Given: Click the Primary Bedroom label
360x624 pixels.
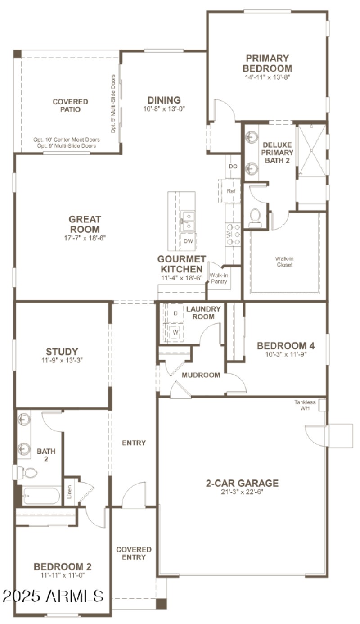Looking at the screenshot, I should click(x=267, y=63).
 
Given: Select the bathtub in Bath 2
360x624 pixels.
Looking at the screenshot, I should click(x=40, y=496).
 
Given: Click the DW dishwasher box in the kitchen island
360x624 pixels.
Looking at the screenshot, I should click(x=188, y=241).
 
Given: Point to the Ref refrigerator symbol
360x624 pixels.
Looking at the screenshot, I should click(x=231, y=191).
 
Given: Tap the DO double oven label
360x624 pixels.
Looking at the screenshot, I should click(x=233, y=167).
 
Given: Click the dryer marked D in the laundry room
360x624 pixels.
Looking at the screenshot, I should click(x=175, y=313).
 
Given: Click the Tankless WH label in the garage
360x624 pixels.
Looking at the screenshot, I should click(x=305, y=405).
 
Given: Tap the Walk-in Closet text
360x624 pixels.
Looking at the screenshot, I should click(x=284, y=262).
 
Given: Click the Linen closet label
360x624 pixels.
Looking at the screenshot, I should click(x=69, y=494).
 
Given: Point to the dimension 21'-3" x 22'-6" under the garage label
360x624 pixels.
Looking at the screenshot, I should click(x=242, y=492).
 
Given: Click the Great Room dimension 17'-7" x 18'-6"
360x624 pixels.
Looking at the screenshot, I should click(x=85, y=238).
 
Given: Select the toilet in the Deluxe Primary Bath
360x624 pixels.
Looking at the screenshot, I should click(x=255, y=216).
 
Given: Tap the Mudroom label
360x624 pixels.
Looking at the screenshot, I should click(x=201, y=375).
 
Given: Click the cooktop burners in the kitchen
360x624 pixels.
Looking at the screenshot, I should click(x=233, y=235).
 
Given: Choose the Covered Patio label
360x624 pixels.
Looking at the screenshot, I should click(x=70, y=105).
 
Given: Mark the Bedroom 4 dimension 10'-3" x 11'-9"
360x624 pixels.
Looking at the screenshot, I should click(x=285, y=354).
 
